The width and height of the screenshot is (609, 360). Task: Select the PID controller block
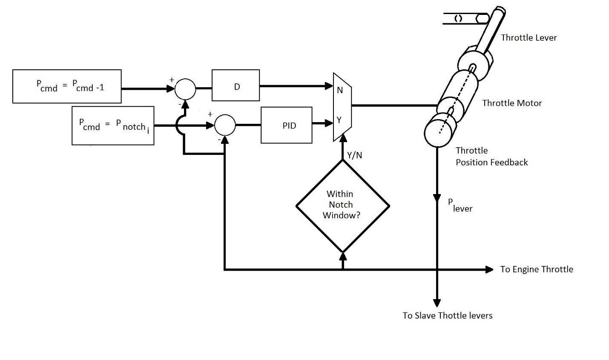coord(286,125)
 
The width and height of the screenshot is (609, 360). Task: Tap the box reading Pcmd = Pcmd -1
coord(67,86)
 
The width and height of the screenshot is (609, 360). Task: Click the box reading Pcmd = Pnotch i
coord(113,126)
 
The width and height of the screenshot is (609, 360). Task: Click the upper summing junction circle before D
coord(185,89)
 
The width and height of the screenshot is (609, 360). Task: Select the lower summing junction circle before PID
coord(225,125)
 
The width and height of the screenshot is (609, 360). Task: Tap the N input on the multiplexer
coord(340,90)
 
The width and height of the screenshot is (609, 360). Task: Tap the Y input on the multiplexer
coord(339,120)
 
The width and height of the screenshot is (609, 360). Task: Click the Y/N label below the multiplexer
coord(354,155)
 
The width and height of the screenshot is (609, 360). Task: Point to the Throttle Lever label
coord(529,37)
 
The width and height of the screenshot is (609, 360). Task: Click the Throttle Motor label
coord(512,103)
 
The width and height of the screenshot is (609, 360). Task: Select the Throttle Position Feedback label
coord(491,156)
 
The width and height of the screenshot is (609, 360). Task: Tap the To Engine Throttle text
coord(537,269)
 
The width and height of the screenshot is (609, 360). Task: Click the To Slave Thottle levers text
coord(447,316)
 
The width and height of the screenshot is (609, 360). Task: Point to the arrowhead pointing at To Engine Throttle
coord(489,269)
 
